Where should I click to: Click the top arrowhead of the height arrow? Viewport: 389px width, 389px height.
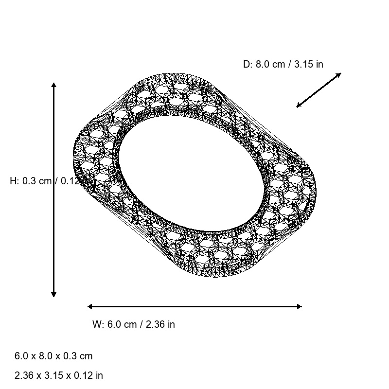pos(53,85)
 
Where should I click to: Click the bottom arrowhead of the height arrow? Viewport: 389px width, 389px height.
pos(53,294)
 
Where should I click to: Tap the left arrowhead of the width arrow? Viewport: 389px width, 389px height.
pos(90,306)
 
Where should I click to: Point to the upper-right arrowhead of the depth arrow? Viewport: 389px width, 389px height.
pos(339,74)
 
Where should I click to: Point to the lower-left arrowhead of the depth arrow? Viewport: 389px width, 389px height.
pos(299,106)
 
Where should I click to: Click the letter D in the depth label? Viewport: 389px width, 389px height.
pos(246,64)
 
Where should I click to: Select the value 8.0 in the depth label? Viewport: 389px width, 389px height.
pos(262,64)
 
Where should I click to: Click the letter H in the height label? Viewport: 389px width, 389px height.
pos(13,181)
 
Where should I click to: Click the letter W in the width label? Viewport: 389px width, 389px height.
pos(96,324)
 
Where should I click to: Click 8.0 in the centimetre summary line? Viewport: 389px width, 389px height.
pos(43,356)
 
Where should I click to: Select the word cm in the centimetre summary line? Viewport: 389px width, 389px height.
pos(86,356)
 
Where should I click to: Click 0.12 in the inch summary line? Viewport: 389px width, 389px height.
pos(80,375)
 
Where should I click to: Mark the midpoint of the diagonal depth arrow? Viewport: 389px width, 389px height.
pos(319,90)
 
